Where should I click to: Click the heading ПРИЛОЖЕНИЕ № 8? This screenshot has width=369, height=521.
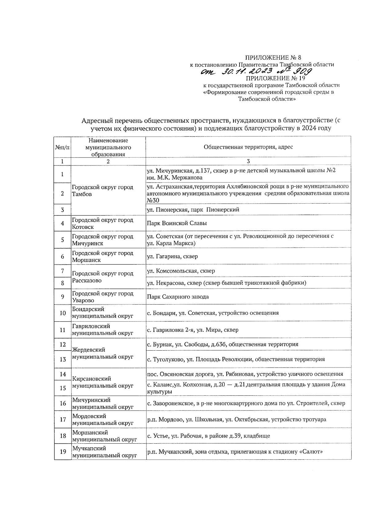click(x=273, y=58)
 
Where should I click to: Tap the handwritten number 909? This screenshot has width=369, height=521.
click(x=303, y=72)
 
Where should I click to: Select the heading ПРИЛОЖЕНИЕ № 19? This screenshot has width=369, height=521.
click(x=275, y=78)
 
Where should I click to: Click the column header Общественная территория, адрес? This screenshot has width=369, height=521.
click(x=248, y=147)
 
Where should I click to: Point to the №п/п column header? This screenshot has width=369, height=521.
click(x=62, y=147)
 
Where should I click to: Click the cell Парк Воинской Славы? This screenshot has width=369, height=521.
click(x=177, y=223)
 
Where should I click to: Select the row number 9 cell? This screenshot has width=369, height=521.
click(x=62, y=297)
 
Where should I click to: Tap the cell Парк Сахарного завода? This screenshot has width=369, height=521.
click(x=178, y=297)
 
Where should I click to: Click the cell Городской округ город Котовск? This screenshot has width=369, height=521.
click(x=102, y=224)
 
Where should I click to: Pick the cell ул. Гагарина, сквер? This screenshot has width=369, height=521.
click(x=172, y=256)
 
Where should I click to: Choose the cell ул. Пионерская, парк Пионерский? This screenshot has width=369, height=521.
click(x=193, y=210)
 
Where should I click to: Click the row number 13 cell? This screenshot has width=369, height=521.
click(x=63, y=359)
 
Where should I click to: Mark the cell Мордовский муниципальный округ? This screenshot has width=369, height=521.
click(x=102, y=420)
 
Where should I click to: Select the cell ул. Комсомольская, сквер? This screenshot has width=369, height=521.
click(x=181, y=271)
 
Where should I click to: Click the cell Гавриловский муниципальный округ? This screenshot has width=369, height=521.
click(x=102, y=329)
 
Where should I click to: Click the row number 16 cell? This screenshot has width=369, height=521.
click(x=63, y=403)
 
